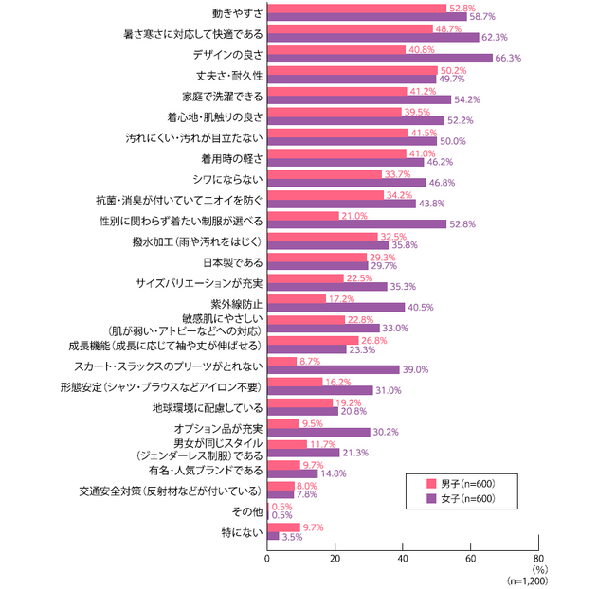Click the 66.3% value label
pos(507,59)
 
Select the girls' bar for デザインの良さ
pos(380,59)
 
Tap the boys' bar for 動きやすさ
pos(356,8)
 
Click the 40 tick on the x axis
pos(403,559)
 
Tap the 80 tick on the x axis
pos(538,559)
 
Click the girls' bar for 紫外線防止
pos(336,307)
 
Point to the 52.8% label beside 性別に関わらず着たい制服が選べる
pos(462,224)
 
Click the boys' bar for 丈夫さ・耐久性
pos(353,70)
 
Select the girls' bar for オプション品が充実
pos(318,431)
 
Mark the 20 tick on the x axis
pos(335,559)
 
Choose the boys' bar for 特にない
pos(284,527)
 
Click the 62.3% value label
pos(494,38)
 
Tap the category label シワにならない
pos(231,178)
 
